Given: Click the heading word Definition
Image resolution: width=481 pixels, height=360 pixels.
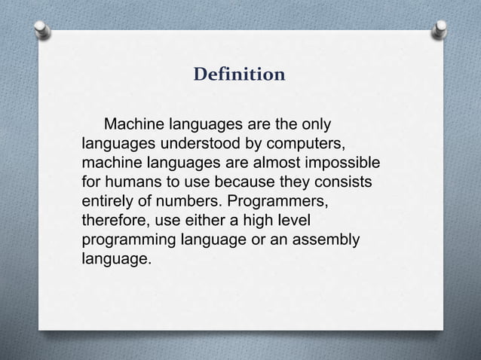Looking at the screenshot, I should point(240,75).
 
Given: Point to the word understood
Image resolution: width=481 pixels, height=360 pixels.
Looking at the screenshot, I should point(187,143).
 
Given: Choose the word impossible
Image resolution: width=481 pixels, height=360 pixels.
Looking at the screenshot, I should point(344,163).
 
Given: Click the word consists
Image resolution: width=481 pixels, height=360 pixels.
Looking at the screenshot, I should point(344,182).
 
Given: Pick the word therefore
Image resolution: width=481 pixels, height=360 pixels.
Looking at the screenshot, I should point(112,221).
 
